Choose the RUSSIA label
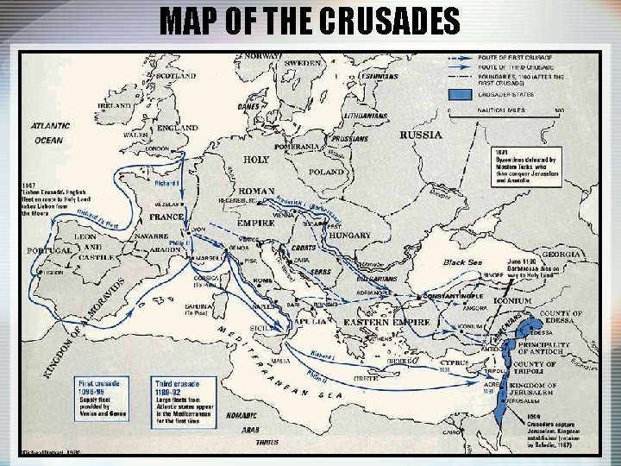pos(421,135)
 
